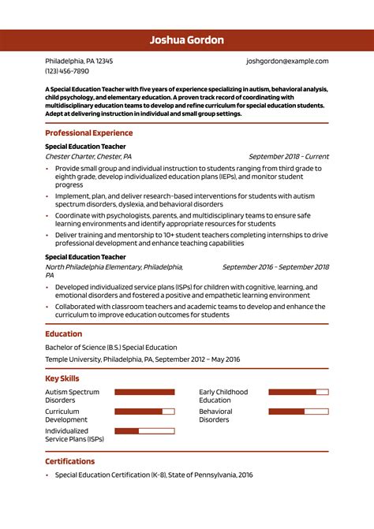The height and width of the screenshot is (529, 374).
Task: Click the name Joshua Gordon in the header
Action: coord(187,40)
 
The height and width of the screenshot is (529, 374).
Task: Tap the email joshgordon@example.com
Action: coord(287,61)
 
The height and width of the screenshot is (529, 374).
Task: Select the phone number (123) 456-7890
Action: coord(67,71)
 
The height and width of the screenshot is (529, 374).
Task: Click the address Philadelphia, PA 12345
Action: coord(79,61)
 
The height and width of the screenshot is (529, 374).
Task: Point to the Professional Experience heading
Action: coord(88,133)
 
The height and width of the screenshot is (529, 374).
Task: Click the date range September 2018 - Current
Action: coord(289,156)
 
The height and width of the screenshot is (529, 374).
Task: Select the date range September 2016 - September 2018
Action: coord(275,266)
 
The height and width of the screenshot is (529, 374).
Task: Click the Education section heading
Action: coord(64,333)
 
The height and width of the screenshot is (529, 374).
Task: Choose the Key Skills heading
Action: coord(62,378)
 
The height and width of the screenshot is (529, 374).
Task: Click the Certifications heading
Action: coord(69,461)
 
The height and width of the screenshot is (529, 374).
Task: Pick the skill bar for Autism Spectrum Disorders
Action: coord(144,392)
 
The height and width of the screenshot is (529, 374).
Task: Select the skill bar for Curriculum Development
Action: coord(144,412)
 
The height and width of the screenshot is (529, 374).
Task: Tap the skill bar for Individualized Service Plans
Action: coord(144,430)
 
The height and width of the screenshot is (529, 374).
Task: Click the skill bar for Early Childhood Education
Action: coord(298,392)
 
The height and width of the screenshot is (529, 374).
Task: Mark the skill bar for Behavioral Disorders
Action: coord(298,412)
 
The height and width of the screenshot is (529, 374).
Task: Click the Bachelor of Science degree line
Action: coord(111,347)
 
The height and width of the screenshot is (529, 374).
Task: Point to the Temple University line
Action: coord(142,359)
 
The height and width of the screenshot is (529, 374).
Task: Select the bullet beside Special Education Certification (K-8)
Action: coord(47,475)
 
